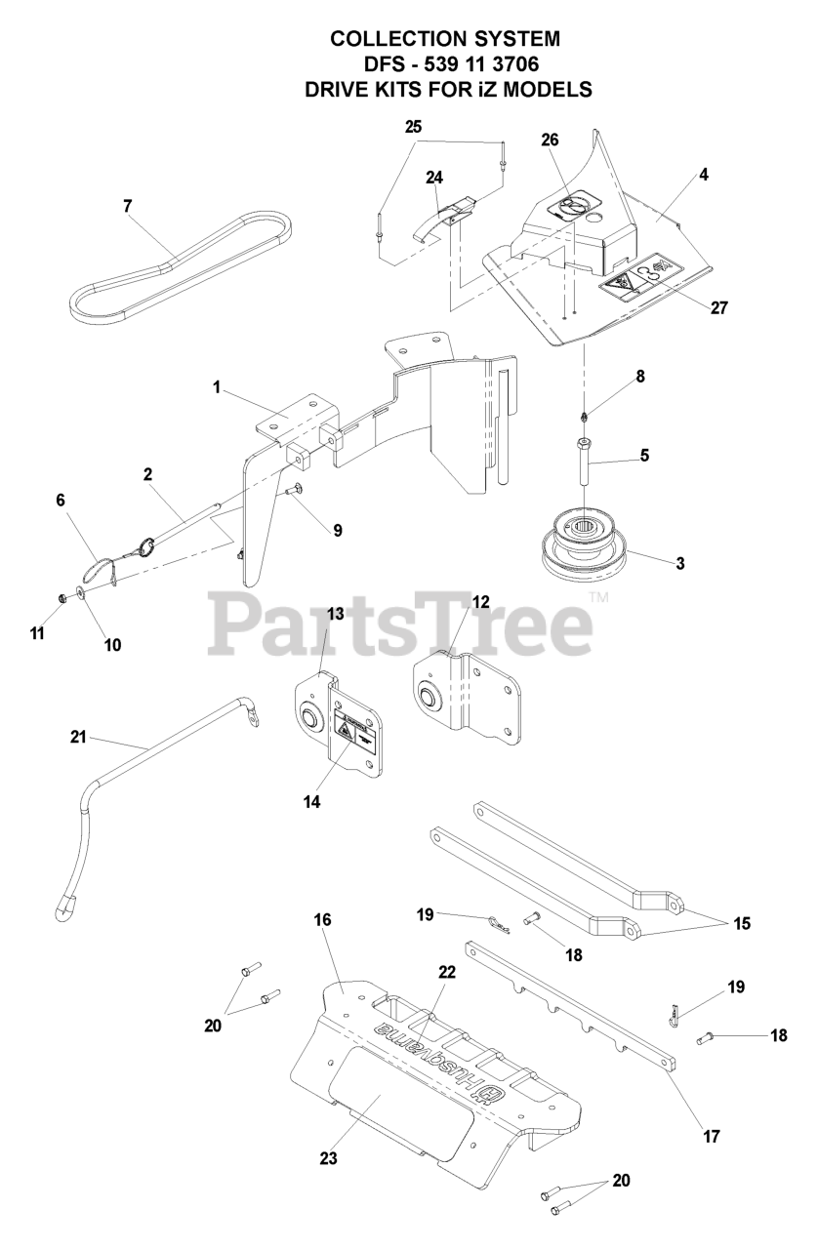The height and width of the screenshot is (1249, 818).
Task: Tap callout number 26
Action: (550, 140)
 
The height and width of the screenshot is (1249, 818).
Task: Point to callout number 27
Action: (718, 307)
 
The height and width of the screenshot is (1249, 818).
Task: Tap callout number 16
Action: (323, 920)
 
